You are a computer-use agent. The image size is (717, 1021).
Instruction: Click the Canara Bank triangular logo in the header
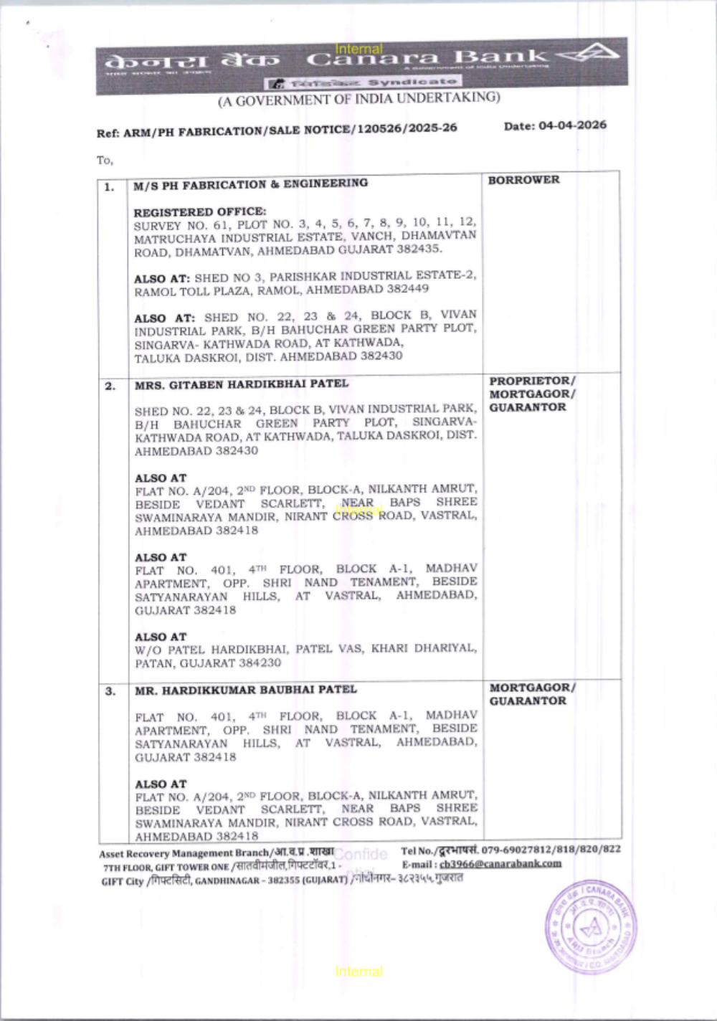point(589,54)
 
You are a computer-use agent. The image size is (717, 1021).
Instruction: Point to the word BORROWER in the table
point(523,180)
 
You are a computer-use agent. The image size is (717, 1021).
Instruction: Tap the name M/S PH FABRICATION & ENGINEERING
point(250,184)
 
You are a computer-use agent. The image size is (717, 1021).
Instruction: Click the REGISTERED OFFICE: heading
point(199,212)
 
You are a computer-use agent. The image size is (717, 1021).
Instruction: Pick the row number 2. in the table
point(110,386)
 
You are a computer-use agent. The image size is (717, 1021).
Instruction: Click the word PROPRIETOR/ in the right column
point(532,381)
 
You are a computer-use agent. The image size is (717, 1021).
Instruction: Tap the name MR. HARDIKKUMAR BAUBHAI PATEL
point(245,690)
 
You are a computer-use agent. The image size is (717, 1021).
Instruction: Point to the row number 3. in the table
point(110,692)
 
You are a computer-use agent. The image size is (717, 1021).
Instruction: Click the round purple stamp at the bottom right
point(590,927)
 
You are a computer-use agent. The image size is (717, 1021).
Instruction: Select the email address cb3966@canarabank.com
point(500,864)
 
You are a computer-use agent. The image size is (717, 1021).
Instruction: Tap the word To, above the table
point(105,160)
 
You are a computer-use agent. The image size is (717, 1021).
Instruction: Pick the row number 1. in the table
point(109,188)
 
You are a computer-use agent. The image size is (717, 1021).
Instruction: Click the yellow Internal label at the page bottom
point(358,972)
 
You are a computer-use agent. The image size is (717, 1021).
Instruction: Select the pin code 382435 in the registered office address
point(417,250)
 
